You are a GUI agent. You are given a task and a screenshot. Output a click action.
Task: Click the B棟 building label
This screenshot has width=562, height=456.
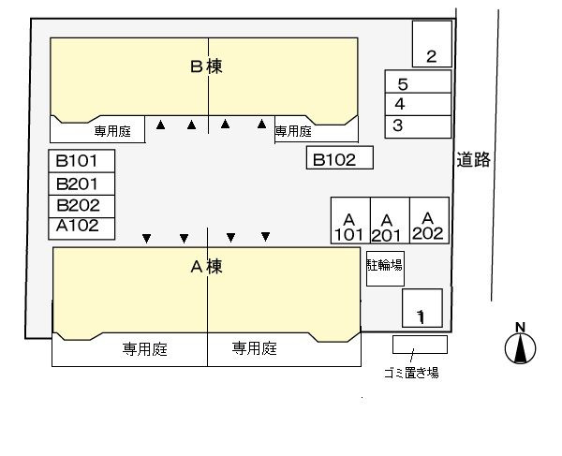coord(206,66)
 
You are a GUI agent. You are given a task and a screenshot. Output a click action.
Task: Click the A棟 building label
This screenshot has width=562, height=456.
coord(206,267)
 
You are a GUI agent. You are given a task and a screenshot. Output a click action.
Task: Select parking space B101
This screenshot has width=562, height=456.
coord(81,161)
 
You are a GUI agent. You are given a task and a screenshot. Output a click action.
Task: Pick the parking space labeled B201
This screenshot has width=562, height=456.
coord(81,184)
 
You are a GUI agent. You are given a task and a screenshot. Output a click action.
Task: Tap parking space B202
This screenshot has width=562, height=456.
coord(81,206)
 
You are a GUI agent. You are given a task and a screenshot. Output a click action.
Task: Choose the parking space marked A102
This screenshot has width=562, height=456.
coord(81,228)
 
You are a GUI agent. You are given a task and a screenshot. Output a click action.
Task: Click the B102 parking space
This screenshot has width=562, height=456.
coord(340,157)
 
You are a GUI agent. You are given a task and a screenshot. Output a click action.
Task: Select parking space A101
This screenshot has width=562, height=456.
coord(350,220)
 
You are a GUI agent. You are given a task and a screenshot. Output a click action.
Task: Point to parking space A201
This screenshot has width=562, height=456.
coord(390,220)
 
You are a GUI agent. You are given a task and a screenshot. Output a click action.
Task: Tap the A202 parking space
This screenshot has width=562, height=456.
coord(429,220)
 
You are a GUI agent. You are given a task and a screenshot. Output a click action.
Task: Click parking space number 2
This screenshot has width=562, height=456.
coord(432,44)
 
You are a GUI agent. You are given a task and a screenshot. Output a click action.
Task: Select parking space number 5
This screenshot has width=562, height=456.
coord(418,81)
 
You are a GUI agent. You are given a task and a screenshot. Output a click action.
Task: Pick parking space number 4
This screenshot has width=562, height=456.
coord(418,104)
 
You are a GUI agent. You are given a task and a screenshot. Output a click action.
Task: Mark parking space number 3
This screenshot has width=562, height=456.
coord(418,126)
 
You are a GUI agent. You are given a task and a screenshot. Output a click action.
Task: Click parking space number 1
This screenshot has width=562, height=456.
coord(422,308)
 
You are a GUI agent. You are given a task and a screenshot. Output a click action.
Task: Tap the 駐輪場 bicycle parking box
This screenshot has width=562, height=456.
coord(385,269)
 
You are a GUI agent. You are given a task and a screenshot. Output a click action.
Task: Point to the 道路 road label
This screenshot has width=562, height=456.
coord(473,159)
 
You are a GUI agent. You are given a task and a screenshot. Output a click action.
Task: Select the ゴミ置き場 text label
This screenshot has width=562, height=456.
coord(411,373)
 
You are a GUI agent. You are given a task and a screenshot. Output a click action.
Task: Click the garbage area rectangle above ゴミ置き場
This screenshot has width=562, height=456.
coord(420,345)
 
